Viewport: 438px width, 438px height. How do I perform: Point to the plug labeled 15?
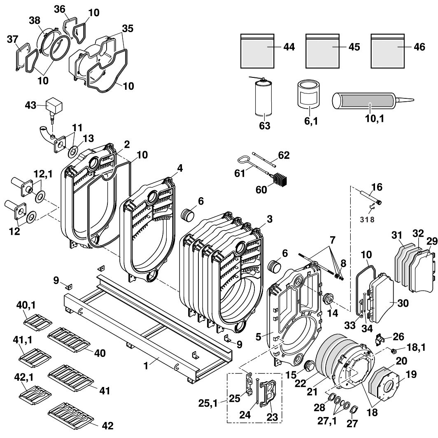[x=309, y=365]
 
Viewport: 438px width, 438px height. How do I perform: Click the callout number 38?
[x=34, y=20]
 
